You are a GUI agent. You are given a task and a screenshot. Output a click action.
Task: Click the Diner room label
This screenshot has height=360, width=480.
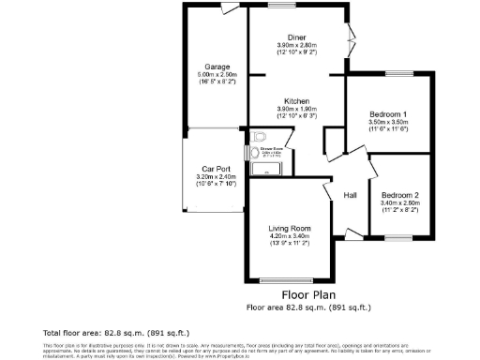pos(296,37)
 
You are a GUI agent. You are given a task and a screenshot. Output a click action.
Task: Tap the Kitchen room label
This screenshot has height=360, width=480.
pos(297,100)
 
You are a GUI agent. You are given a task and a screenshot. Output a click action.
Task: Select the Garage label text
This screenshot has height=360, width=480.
pos(218,67)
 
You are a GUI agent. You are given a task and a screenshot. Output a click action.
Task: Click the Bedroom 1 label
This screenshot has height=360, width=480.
pos(385,115)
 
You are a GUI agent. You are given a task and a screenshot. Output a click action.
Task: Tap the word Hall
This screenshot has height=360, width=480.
pos(350,195)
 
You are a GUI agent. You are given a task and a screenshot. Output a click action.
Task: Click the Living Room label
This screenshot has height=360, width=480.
pos(289,229)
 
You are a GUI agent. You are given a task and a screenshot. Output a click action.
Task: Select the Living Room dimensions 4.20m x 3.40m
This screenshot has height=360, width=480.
pos(289,236)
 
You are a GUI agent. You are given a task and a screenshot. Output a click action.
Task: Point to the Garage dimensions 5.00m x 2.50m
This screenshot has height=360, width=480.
pos(218,75)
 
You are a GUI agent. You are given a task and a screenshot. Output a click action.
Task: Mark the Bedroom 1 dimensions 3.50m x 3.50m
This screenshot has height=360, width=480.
pos(385,123)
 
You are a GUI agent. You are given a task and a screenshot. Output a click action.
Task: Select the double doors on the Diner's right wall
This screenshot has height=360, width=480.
pos(352,43)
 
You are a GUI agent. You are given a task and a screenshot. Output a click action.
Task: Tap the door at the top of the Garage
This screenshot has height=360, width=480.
pos(228,8)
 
